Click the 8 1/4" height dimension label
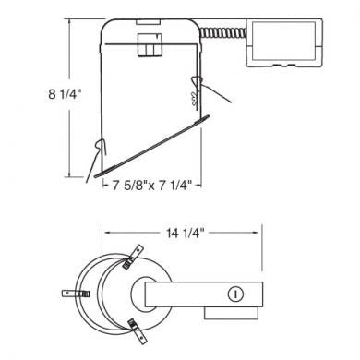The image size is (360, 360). tap(65, 94)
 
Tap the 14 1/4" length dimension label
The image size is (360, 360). tap(186, 233)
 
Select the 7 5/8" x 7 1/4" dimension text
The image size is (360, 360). tap(152, 186)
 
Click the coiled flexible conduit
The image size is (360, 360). tap(223, 32)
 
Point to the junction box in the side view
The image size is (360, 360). tap(284, 42)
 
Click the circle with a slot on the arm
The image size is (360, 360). tap(235, 294)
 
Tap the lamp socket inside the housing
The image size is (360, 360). tap(150, 45)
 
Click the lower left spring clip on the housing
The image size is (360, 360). tap(101, 147)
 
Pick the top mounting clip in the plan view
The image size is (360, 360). tap(133, 257)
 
